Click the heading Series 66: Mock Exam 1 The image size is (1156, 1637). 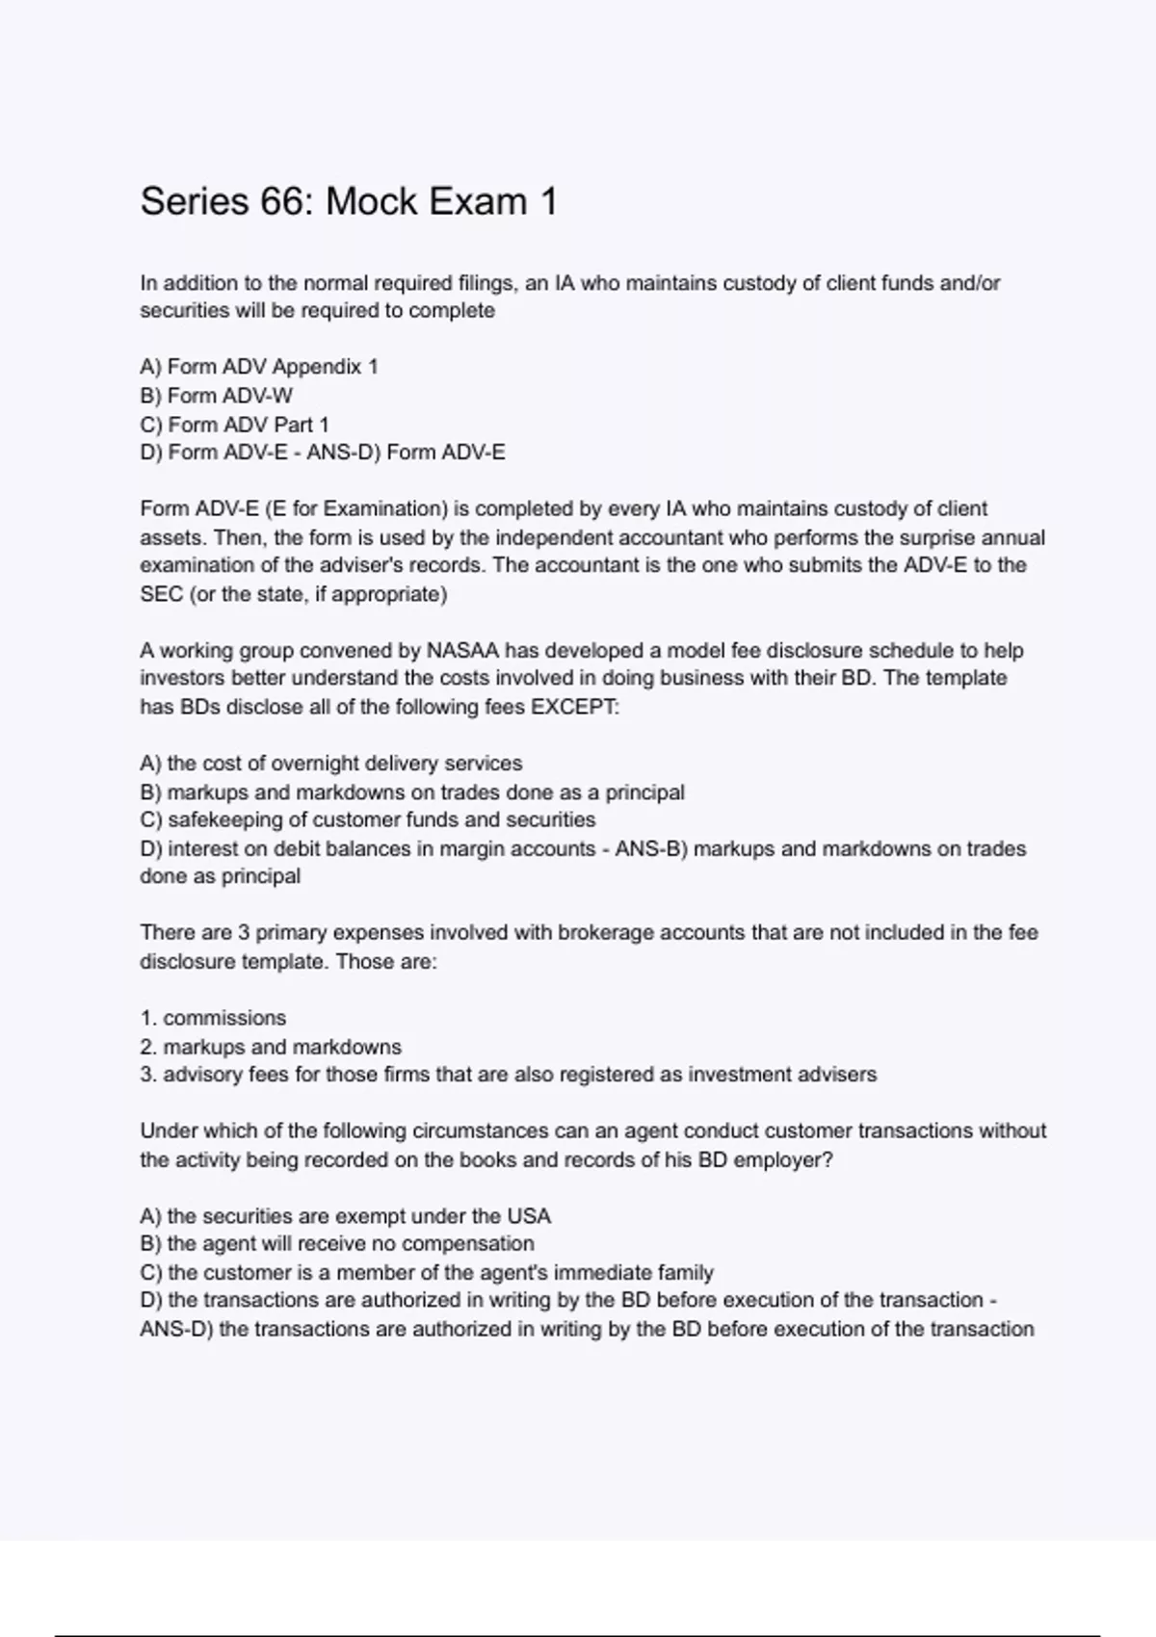[x=349, y=202]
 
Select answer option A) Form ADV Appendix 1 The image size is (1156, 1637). [x=259, y=367]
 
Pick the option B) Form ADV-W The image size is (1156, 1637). [x=217, y=396]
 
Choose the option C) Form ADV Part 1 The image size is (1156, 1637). [x=234, y=425]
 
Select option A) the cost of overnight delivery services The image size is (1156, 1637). [x=331, y=764]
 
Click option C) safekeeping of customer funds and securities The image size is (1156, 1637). [x=368, y=819]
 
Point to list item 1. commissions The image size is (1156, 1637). [x=213, y=1018]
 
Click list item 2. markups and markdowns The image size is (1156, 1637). [x=271, y=1047]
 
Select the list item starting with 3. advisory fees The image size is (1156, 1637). [x=509, y=1075]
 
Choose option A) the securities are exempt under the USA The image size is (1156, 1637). [x=345, y=1216]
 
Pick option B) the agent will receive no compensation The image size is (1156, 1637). [x=337, y=1243]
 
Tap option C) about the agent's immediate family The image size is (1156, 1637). [x=427, y=1272]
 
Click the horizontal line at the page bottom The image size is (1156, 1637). [x=578, y=1635]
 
